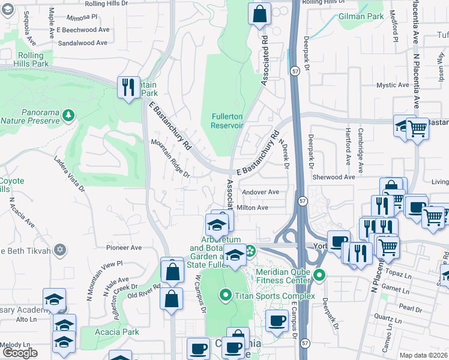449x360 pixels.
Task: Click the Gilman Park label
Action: click(x=361, y=17)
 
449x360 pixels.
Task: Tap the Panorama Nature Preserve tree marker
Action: click(x=69, y=113)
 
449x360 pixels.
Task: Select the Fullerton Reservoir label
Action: click(x=227, y=121)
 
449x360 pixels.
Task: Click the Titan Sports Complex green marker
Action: click(x=226, y=295)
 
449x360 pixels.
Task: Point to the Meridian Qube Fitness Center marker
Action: click(x=319, y=276)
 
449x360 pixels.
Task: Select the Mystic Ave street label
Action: click(x=393, y=86)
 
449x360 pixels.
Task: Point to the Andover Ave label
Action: click(x=261, y=192)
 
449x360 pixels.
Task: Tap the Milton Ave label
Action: click(x=253, y=208)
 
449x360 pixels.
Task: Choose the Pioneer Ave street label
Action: click(x=124, y=247)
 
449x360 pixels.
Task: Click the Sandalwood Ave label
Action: click(x=83, y=43)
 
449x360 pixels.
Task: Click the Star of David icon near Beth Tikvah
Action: click(x=59, y=250)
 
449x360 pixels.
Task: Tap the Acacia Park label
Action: click(x=117, y=332)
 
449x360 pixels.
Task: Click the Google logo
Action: click(x=19, y=353)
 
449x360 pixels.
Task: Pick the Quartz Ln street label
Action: click(x=383, y=318)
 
